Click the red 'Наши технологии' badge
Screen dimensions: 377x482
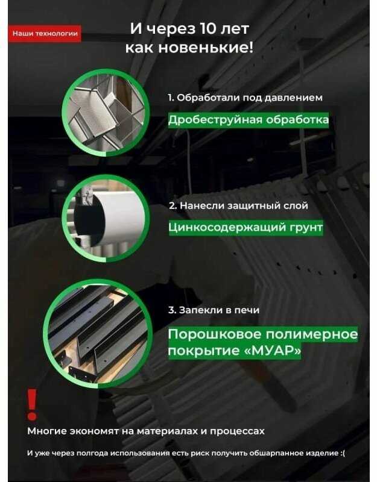point(44,34)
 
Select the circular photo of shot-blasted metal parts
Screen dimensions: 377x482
point(106,112)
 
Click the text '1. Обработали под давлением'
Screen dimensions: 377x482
point(245,98)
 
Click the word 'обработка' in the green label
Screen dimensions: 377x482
point(297,119)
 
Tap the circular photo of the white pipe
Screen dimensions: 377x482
point(106,219)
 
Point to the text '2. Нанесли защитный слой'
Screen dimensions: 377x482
point(238,205)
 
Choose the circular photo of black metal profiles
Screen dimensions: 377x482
point(98,334)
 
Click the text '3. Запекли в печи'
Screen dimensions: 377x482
point(214,310)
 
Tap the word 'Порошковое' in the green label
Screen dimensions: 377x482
point(215,334)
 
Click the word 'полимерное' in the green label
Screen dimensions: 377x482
point(311,334)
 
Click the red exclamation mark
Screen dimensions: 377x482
point(32,404)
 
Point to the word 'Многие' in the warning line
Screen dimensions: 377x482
point(47,431)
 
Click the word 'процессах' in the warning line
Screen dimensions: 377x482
point(237,431)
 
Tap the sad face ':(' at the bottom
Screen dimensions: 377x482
point(342,453)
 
